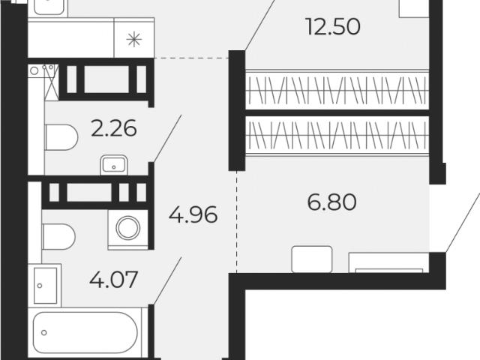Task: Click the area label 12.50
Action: click(x=333, y=26)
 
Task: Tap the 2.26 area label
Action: click(x=114, y=128)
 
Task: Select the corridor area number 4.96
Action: click(x=193, y=214)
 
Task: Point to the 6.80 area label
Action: click(x=332, y=202)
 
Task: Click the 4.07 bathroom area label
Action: click(x=113, y=280)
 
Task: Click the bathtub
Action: click(x=85, y=332)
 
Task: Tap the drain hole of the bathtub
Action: click(x=44, y=332)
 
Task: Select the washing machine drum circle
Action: click(x=128, y=228)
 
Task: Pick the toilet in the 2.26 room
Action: click(x=61, y=137)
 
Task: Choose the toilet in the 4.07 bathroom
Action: click(x=58, y=237)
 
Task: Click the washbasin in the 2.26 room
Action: click(x=113, y=165)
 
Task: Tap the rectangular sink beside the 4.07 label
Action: click(x=45, y=286)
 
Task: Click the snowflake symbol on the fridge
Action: click(x=134, y=40)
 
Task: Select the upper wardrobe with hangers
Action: click(x=337, y=90)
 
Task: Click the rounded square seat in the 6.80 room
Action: click(x=312, y=259)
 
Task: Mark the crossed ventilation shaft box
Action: click(x=52, y=82)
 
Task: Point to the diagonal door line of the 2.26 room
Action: click(x=167, y=138)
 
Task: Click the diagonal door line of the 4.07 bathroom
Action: click(x=167, y=280)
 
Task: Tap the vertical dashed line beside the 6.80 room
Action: click(x=237, y=222)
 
